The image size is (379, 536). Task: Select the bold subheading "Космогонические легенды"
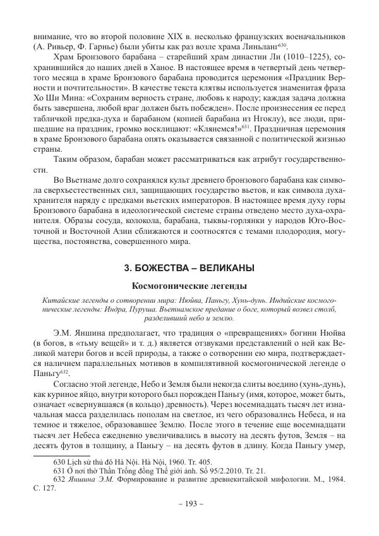click(189, 286)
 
